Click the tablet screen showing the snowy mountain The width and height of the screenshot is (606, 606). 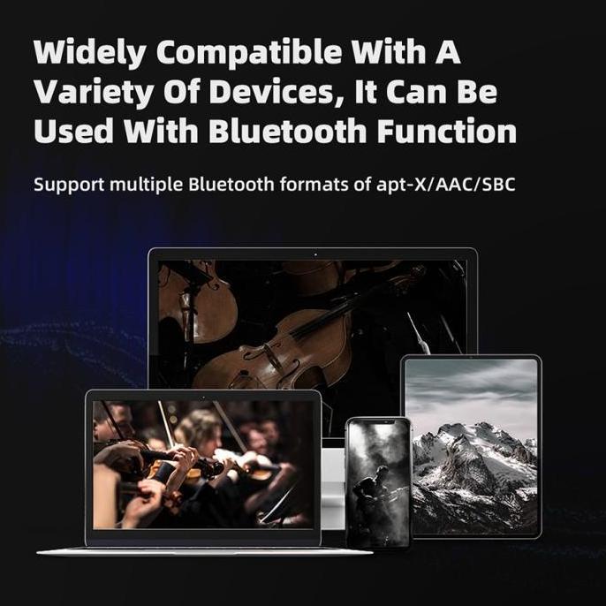coord(470,446)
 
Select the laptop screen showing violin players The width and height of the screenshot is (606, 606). coord(203,464)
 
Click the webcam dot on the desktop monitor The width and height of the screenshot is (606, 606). coord(314,255)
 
